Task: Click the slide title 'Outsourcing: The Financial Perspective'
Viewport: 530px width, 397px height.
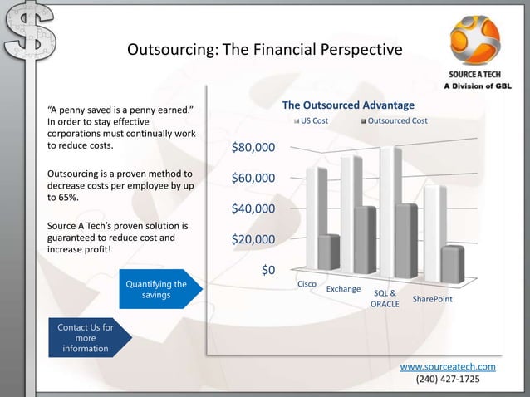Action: coord(264,51)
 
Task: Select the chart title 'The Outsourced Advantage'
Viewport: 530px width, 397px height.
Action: coord(348,105)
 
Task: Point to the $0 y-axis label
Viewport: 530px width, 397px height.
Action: coord(268,271)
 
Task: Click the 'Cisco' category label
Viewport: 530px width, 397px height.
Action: coord(307,285)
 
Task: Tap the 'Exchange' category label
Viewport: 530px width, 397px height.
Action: coord(343,289)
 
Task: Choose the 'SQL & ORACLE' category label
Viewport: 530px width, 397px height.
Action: coord(385,299)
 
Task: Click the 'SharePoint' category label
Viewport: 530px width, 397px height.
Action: coord(432,298)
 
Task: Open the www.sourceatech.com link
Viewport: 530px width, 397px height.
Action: coord(448,366)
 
